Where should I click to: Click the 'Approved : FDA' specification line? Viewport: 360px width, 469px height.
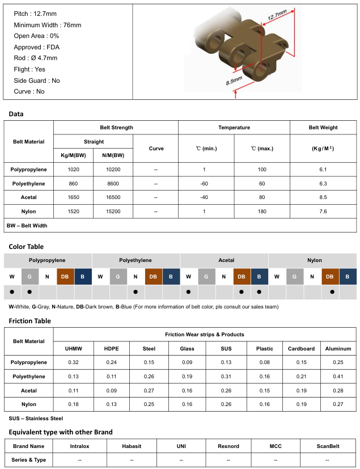[36, 47]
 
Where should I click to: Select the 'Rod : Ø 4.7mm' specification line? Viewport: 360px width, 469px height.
[36, 58]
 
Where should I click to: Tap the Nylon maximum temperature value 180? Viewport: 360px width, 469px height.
[262, 212]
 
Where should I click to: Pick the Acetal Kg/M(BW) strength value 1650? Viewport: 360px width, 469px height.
[73, 197]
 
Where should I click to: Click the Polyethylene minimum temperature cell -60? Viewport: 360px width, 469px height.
[205, 184]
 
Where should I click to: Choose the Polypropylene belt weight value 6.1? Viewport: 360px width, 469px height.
[323, 170]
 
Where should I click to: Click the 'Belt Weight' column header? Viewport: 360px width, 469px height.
[323, 128]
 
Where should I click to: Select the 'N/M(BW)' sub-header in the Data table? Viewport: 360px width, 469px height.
[113, 155]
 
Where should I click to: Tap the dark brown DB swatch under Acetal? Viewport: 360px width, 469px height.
[242, 276]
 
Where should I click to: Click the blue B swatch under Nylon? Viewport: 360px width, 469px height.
[348, 276]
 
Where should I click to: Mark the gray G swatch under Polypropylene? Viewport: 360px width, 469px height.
[29, 276]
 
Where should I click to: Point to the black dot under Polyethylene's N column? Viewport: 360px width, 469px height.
[135, 292]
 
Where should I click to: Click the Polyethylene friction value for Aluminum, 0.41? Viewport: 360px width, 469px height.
[338, 376]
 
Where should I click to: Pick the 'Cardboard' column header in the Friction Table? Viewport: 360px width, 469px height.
[301, 348]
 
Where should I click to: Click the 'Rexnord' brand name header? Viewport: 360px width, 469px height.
[228, 446]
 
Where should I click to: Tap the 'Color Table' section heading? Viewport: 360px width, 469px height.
[26, 247]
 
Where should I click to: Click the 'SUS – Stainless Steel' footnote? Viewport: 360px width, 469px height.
[36, 418]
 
